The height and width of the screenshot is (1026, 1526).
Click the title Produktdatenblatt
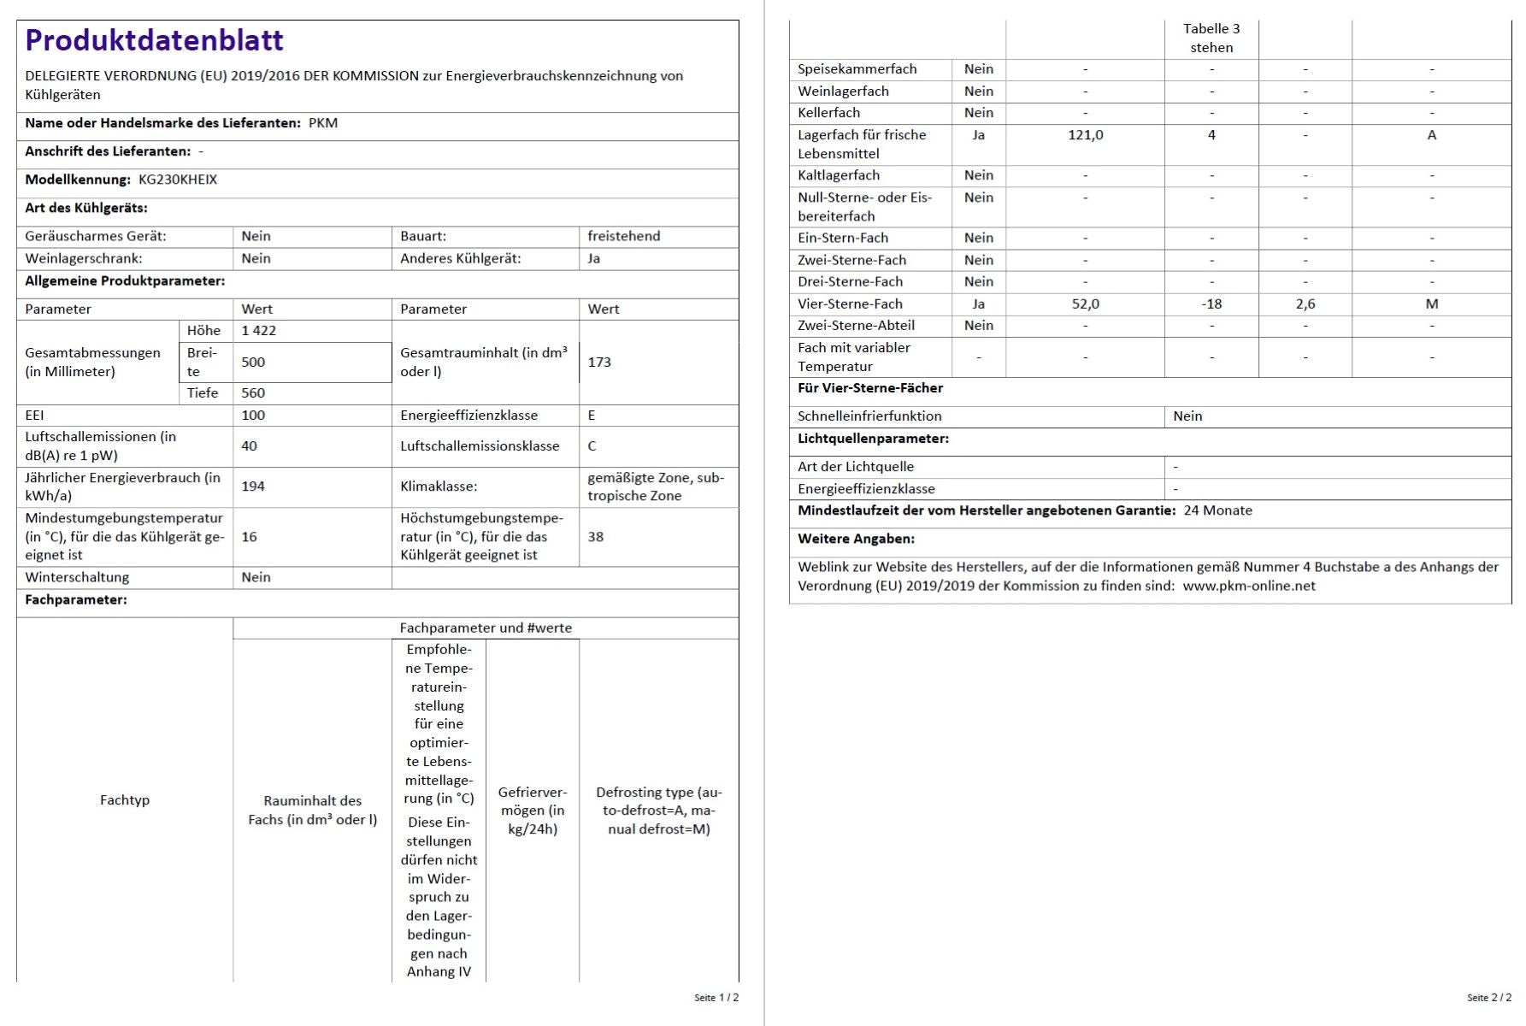pyautogui.click(x=154, y=40)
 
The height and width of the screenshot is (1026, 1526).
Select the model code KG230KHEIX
pyautogui.click(x=178, y=180)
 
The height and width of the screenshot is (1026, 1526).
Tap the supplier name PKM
pyautogui.click(x=323, y=123)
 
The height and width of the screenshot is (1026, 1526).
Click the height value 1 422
pyautogui.click(x=258, y=331)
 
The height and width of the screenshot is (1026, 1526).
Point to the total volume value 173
pyautogui.click(x=599, y=363)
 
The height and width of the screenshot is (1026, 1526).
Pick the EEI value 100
pyautogui.click(x=253, y=416)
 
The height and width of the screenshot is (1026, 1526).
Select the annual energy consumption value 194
pyautogui.click(x=253, y=486)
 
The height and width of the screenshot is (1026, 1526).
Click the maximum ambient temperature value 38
pyautogui.click(x=595, y=537)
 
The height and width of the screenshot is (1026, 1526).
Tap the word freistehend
pyautogui.click(x=623, y=236)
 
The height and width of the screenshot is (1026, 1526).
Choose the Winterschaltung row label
pyautogui.click(x=77, y=578)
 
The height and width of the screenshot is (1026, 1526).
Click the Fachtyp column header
pyautogui.click(x=125, y=800)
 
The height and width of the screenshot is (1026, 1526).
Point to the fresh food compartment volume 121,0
pyautogui.click(x=1085, y=135)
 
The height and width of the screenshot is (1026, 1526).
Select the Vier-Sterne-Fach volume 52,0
pyautogui.click(x=1085, y=304)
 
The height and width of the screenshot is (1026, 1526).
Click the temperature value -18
pyautogui.click(x=1211, y=304)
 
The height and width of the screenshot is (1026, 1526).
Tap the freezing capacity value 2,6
pyautogui.click(x=1305, y=304)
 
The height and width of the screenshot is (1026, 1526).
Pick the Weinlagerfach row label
pyautogui.click(x=843, y=91)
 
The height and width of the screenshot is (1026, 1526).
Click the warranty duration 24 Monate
pyautogui.click(x=1217, y=510)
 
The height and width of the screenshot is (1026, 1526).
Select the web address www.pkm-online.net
pyautogui.click(x=1249, y=587)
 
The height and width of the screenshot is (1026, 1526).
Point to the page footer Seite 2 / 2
pyautogui.click(x=1488, y=998)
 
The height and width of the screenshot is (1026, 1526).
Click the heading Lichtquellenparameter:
pyautogui.click(x=873, y=439)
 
